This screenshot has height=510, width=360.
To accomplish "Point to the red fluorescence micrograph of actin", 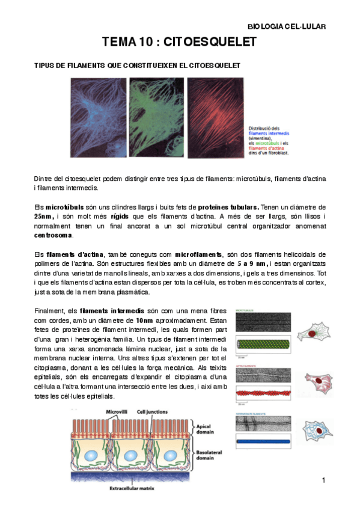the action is click(214, 115).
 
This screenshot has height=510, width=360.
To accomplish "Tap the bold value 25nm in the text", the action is click(43, 217).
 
